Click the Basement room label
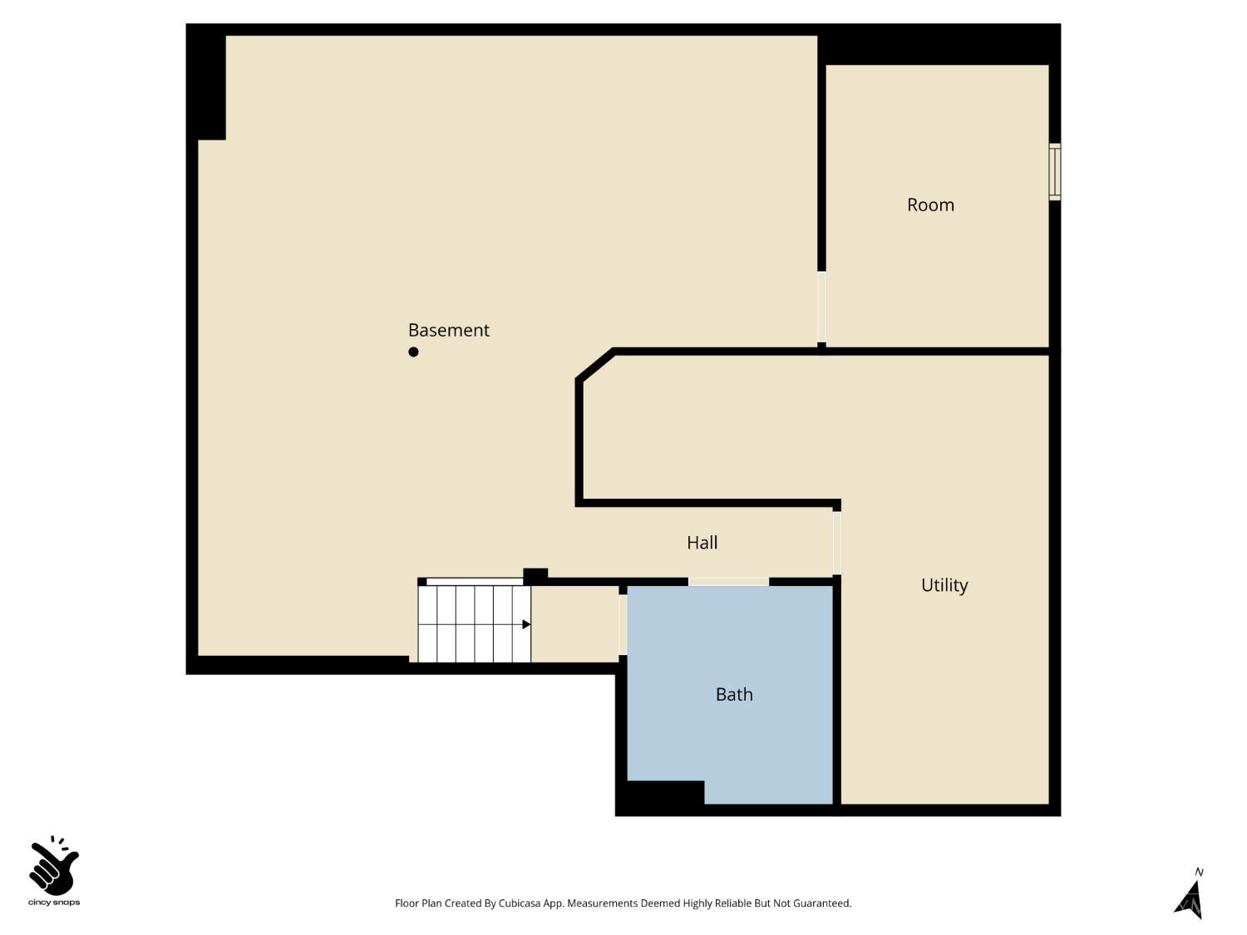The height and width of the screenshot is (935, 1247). pyautogui.click(x=448, y=330)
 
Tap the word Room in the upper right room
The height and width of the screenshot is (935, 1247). pyautogui.click(x=930, y=204)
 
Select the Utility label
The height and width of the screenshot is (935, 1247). pyautogui.click(x=944, y=585)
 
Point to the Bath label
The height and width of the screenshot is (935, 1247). pyautogui.click(x=734, y=694)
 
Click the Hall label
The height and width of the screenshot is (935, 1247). pyautogui.click(x=702, y=543)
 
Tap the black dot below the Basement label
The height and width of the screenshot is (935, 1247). pyautogui.click(x=413, y=352)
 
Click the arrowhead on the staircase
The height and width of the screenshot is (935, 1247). pyautogui.click(x=526, y=624)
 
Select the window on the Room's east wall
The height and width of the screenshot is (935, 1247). pyautogui.click(x=1054, y=172)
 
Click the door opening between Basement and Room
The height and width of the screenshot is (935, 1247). pyautogui.click(x=821, y=307)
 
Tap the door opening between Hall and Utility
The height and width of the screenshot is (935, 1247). pyautogui.click(x=837, y=543)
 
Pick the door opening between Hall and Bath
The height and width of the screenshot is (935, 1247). pyautogui.click(x=728, y=581)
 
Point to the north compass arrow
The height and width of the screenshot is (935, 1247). pyautogui.click(x=1190, y=899)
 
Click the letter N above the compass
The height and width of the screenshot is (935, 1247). pyautogui.click(x=1199, y=872)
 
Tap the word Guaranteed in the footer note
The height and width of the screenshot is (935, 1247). pyautogui.click(x=821, y=903)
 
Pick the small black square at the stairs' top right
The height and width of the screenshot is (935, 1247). pyautogui.click(x=535, y=575)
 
